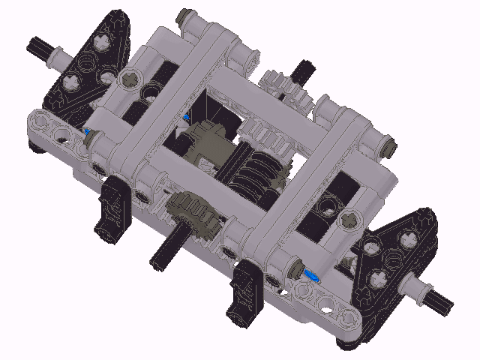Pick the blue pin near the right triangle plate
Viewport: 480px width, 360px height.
(310, 276)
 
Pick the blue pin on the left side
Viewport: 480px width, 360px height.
(91, 133)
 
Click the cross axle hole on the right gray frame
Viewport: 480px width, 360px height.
(349, 219)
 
